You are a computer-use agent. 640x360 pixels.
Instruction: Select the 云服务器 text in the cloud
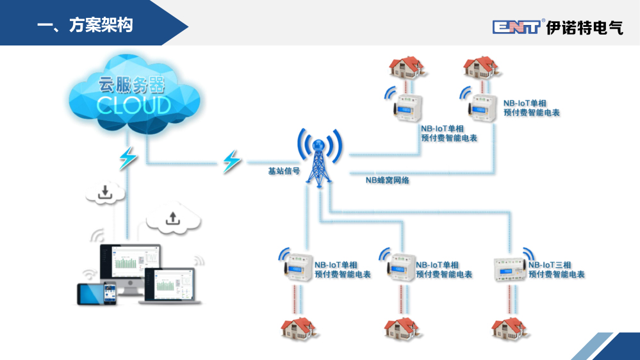[131, 85]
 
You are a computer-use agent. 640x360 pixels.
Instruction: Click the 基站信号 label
[284, 171]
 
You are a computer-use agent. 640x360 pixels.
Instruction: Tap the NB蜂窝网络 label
[387, 181]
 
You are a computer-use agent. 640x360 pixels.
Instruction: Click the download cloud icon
[105, 192]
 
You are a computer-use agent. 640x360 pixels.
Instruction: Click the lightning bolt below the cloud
[128, 158]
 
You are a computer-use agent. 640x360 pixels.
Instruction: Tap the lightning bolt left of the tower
[231, 161]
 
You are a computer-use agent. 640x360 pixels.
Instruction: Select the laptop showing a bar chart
[173, 286]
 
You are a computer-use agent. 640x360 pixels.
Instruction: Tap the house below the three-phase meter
[508, 329]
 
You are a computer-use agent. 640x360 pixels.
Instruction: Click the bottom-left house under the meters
[298, 329]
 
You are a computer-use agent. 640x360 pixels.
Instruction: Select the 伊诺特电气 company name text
[584, 28]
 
